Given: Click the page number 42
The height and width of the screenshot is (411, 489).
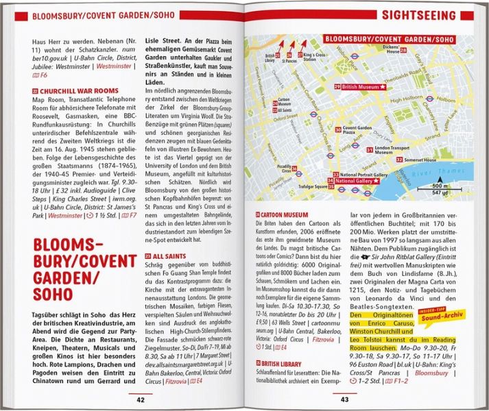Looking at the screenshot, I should (140, 399).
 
